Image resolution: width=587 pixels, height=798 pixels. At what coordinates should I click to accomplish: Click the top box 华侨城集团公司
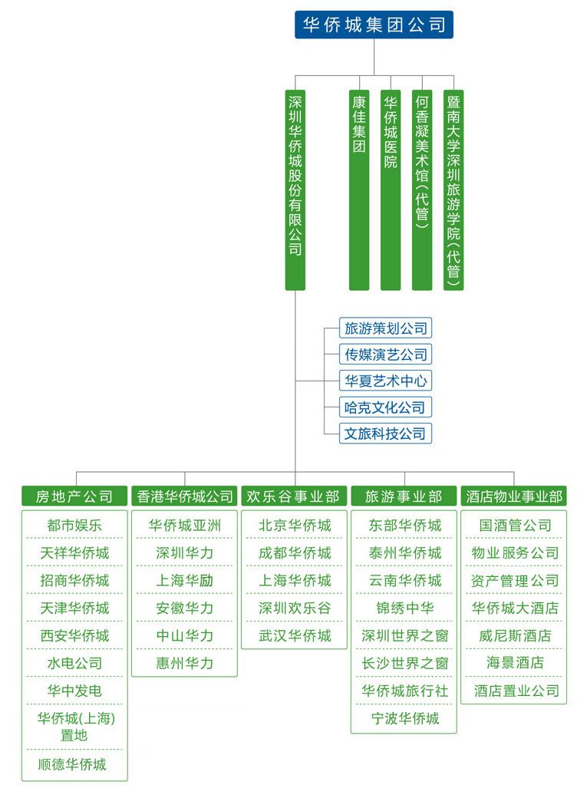pos(374,25)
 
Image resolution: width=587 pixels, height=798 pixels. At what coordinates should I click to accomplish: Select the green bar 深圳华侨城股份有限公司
pos(295,190)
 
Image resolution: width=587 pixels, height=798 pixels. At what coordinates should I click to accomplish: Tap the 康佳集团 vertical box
pos(359,190)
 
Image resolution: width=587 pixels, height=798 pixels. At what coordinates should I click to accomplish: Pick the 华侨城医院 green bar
pos(391,190)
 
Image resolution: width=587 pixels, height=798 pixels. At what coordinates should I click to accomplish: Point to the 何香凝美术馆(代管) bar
pos(422,190)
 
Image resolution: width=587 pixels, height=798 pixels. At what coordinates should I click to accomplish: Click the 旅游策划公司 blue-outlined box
pos(385,328)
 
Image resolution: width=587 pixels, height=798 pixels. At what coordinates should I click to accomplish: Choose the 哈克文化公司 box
pos(385,407)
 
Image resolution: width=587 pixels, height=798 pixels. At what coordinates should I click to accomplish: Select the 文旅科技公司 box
pos(385,434)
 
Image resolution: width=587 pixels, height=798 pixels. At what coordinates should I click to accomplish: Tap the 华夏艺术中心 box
pos(385,381)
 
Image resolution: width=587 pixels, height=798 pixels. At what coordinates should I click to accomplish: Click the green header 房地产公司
pos(74,496)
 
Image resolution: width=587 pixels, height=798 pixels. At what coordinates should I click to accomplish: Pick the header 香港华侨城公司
pos(184,496)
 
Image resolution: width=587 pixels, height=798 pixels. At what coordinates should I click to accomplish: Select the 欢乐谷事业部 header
pos(294,496)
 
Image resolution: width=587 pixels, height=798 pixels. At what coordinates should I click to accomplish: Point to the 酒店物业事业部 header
pos(513,496)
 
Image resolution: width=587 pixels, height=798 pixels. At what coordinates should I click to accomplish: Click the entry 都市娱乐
pos(74,525)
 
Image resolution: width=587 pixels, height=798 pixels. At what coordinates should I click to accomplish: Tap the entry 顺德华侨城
pos(72,764)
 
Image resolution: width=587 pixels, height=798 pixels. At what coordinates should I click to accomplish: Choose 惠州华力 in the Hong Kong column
pos(184,663)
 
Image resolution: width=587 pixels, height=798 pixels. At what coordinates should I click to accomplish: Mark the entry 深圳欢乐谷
pos(295,608)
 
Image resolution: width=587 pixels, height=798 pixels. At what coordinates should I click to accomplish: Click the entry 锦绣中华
pos(404,608)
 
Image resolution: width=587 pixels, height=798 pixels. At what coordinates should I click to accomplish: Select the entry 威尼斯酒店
pos(515,635)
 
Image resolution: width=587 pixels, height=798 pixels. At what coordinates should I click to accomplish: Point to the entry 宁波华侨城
pos(404,719)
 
